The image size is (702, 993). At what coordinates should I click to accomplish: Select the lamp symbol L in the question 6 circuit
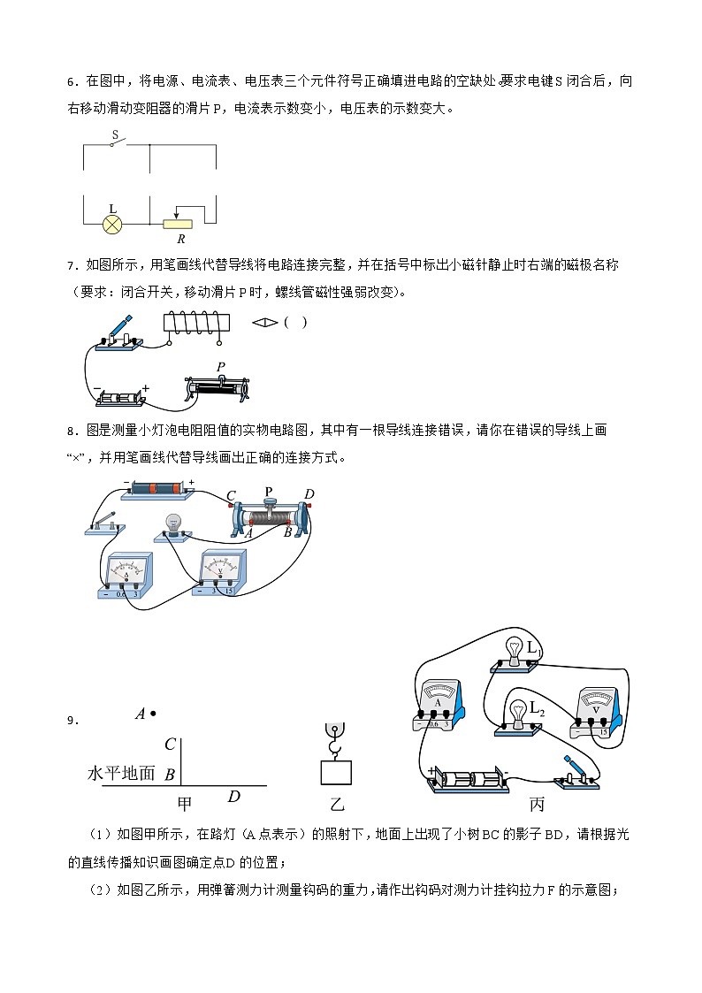click(112, 224)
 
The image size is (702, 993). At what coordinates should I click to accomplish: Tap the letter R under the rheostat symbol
click(180, 239)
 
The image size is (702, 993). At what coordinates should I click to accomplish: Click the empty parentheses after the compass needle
click(295, 323)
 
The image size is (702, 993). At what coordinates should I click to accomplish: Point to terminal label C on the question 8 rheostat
click(232, 496)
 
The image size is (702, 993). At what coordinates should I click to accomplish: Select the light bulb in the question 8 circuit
click(174, 525)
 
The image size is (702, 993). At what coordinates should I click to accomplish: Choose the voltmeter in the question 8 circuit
click(221, 571)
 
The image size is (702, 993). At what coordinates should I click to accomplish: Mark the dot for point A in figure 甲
click(153, 714)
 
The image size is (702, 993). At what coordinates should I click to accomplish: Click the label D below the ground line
click(233, 797)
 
